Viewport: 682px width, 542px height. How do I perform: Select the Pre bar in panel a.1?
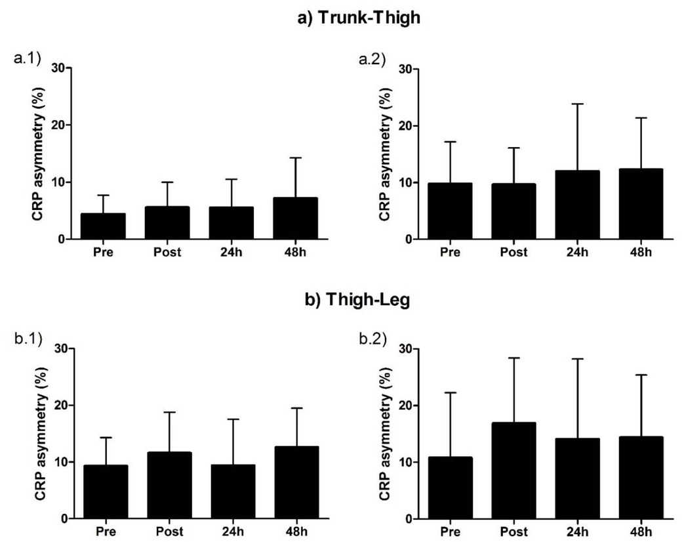(103, 226)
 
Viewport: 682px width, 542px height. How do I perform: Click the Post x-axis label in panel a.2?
(513, 252)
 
